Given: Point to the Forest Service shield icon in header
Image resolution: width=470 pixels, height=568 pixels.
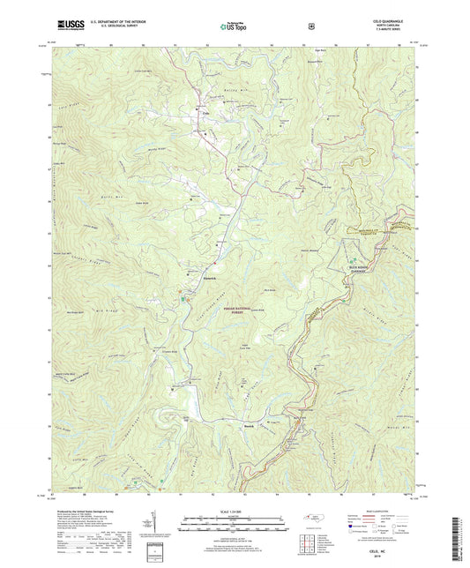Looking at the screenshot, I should pyautogui.click(x=311, y=27).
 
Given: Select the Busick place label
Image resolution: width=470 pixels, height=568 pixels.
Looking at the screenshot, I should pyautogui.click(x=275, y=424).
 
